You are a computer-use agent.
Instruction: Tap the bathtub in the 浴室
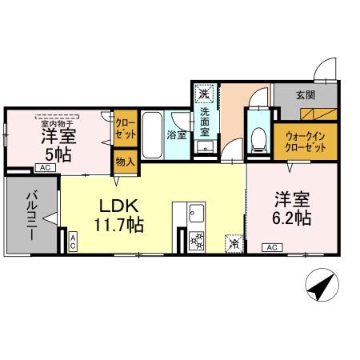pyautogui.click(x=152, y=135)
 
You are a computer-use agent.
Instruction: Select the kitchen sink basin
pyautogui.click(x=196, y=213)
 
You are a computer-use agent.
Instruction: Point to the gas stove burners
pyautogui.click(x=196, y=241)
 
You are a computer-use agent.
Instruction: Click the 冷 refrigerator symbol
pyautogui.click(x=234, y=243)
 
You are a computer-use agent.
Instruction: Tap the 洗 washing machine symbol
pyautogui.click(x=204, y=94)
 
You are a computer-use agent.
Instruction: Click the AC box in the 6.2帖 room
pyautogui.click(x=272, y=247)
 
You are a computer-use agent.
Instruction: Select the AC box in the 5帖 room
pyautogui.click(x=46, y=168)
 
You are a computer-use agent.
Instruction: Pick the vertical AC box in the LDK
pyautogui.click(x=73, y=242)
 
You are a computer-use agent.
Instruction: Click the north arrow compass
pyautogui.click(x=322, y=285)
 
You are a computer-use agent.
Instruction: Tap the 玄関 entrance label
pyautogui.click(x=306, y=95)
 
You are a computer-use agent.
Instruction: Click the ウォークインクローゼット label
pyautogui.click(x=306, y=142)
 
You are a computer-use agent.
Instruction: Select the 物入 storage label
pyautogui.click(x=125, y=162)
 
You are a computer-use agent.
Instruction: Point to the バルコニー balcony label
pyautogui.click(x=32, y=215)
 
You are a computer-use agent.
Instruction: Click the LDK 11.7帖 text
pyautogui.click(x=118, y=215)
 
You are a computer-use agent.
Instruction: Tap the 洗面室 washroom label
pyautogui.click(x=205, y=122)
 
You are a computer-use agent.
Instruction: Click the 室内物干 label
pyautogui.click(x=58, y=124)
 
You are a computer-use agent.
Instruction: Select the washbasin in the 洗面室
pyautogui.click(x=205, y=146)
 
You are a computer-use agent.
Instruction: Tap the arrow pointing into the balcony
pyautogui.click(x=50, y=218)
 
